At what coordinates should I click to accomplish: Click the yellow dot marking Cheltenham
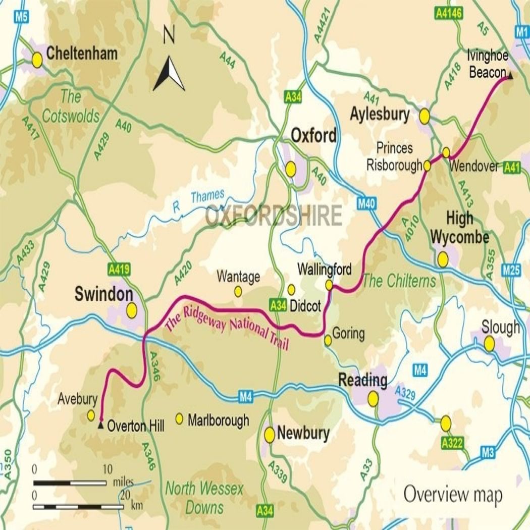pos(37,60)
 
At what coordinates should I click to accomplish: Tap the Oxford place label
pos(313,136)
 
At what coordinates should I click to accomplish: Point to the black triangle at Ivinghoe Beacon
pos(510,76)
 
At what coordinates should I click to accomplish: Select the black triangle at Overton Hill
pos(101,426)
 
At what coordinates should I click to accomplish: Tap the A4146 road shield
pos(448,14)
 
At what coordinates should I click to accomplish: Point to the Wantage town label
pos(238,277)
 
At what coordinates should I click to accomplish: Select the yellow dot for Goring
pos(328,341)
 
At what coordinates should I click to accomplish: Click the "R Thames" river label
pos(198,200)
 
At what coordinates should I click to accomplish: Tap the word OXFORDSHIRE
pos(274,217)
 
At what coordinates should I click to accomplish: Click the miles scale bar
pos(70,483)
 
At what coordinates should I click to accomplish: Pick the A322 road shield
pos(452,443)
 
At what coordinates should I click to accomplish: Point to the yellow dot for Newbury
pos(270,435)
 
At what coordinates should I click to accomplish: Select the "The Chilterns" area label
pos(399,281)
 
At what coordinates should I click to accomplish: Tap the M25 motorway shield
pos(511,270)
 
